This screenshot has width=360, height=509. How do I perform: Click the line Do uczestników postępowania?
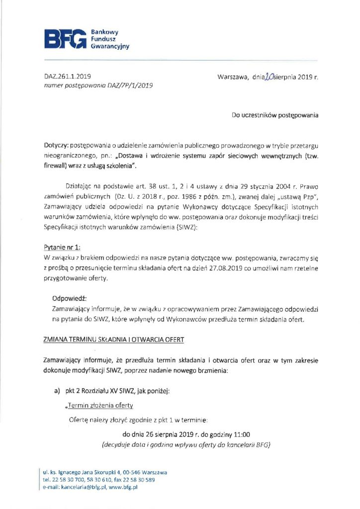click(274, 115)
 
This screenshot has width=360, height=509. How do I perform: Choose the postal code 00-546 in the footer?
click(132, 472)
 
